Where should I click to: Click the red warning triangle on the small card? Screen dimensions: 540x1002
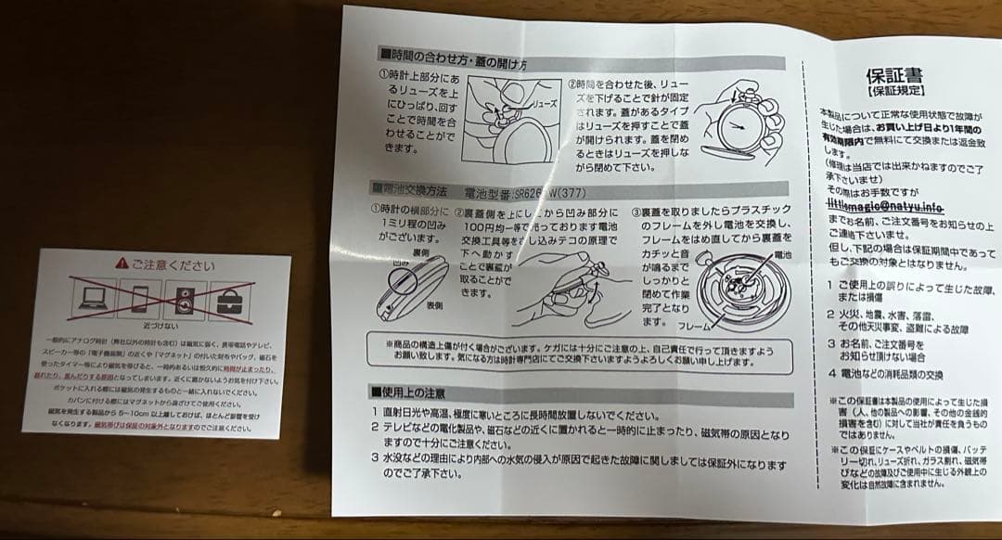122,264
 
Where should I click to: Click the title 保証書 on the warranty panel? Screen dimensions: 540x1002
892,75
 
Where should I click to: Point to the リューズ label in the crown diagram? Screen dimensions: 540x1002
545,105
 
